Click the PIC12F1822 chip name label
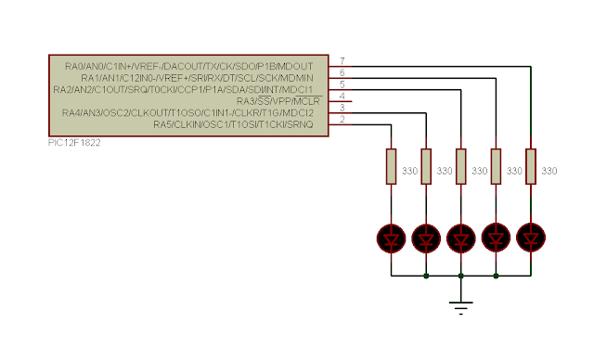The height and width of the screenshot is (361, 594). click(74, 143)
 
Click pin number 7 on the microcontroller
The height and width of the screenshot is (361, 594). click(342, 60)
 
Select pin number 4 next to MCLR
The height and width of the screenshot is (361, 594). click(342, 96)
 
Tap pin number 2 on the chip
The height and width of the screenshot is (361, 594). click(342, 120)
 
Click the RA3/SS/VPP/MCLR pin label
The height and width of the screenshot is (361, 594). click(278, 101)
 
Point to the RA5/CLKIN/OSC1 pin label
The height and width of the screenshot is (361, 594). click(233, 124)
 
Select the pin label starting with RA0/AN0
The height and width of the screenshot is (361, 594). click(189, 66)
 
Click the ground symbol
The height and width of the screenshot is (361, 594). click(460, 307)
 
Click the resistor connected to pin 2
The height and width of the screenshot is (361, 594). click(392, 167)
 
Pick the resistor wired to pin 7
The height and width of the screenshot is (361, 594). click(531, 167)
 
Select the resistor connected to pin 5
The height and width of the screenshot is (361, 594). click(461, 167)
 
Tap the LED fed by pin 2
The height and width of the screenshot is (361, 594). click(392, 238)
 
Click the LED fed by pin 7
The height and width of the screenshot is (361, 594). click(531, 238)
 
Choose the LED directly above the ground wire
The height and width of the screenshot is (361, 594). click(461, 238)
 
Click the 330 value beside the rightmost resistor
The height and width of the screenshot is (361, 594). click(549, 171)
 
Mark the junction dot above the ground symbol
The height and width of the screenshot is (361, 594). click(461, 276)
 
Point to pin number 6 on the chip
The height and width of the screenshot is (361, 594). click(342, 72)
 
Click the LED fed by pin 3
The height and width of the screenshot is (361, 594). click(426, 238)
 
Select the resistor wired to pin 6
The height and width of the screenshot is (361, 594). click(496, 167)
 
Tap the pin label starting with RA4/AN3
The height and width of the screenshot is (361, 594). click(187, 113)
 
